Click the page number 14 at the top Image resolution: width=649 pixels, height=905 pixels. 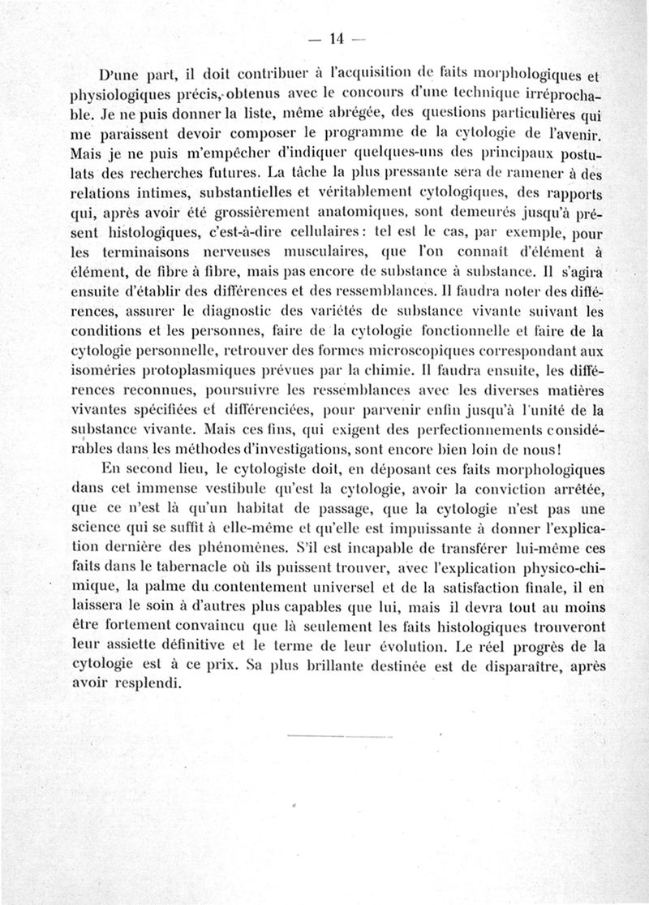tap(333, 38)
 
